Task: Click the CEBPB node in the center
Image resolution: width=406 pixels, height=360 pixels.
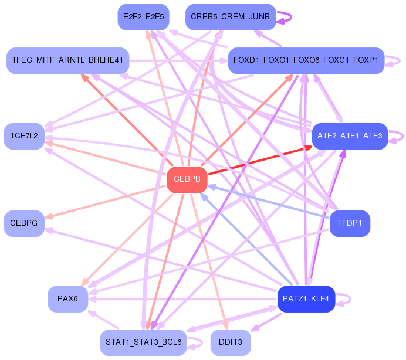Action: (187, 179)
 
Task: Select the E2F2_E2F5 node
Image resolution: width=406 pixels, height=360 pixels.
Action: (143, 16)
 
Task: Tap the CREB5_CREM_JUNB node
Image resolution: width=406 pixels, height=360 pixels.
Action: (230, 16)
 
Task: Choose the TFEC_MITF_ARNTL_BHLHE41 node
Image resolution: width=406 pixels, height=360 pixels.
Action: (67, 60)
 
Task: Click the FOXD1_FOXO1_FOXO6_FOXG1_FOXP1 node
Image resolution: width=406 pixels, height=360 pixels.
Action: (305, 60)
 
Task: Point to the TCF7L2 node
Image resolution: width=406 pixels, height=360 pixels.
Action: (24, 136)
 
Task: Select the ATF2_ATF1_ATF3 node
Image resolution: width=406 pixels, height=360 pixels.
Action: (350, 136)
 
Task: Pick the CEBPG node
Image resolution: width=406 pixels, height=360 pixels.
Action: (24, 223)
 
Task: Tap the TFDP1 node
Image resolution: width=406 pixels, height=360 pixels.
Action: (350, 223)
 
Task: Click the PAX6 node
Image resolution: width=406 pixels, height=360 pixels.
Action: (67, 299)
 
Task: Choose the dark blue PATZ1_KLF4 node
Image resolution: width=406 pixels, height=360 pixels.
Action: (306, 299)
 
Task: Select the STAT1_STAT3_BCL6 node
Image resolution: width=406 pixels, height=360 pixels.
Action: (143, 342)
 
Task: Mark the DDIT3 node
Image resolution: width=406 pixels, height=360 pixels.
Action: (230, 342)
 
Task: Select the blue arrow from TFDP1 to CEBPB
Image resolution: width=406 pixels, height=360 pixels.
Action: (270, 202)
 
